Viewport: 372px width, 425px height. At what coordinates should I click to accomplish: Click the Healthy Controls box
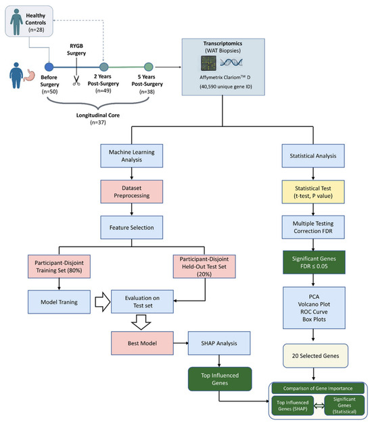[x=29, y=21]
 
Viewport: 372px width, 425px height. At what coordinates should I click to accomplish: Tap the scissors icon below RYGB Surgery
[x=76, y=80]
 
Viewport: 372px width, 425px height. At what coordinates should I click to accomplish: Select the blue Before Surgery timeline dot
[x=49, y=67]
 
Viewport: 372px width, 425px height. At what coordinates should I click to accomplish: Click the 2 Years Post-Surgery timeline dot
[x=104, y=67]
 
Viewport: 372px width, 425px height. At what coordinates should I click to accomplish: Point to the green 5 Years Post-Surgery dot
[x=148, y=67]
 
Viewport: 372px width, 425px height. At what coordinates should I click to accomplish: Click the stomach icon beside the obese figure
[x=29, y=76]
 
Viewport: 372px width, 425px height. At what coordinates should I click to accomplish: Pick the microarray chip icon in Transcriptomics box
[x=208, y=63]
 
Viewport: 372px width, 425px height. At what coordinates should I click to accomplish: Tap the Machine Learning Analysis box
[x=132, y=156]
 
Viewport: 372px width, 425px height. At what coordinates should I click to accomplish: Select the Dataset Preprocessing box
[x=132, y=192]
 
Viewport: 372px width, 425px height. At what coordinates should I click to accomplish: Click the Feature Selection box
[x=132, y=228]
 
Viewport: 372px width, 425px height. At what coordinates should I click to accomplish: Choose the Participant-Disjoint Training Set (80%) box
[x=59, y=266]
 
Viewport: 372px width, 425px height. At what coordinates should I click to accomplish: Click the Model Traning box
[x=59, y=302]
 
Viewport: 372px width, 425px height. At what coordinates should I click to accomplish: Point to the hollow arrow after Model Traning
[x=103, y=301]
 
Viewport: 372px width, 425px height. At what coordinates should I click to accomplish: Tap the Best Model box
[x=142, y=343]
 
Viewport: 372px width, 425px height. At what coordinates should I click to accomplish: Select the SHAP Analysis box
[x=219, y=343]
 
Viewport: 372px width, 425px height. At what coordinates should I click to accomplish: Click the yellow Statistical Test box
[x=313, y=192]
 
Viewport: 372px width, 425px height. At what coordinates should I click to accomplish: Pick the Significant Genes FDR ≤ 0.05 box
[x=314, y=262]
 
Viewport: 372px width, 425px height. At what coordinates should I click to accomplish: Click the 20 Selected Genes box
[x=315, y=356]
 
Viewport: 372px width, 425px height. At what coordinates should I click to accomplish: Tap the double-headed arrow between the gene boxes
[x=319, y=406]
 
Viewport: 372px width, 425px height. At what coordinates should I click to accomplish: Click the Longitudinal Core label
[x=98, y=115]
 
